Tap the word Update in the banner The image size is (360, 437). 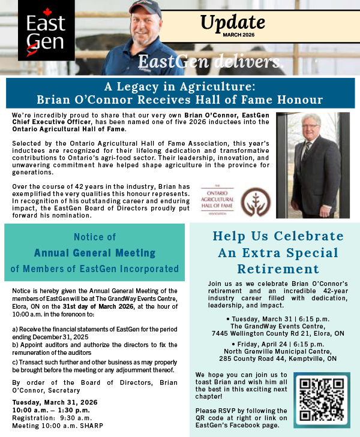[x=232, y=22]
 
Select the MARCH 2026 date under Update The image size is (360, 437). [x=238, y=35]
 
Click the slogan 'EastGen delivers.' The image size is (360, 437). [x=210, y=61]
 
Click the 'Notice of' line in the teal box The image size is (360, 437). [x=95, y=237]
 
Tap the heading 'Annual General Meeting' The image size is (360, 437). [x=95, y=252]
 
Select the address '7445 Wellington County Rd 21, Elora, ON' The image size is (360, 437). [x=278, y=333]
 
